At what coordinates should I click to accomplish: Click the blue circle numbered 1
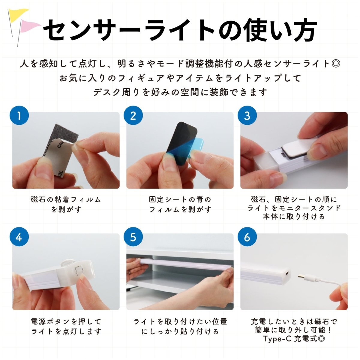coord(19,115)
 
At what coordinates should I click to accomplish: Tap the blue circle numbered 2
coord(133,115)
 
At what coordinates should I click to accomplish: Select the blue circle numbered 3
coord(247,115)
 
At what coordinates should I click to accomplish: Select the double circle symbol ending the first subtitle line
coord(336,64)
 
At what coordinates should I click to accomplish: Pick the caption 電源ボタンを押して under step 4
coord(66,321)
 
